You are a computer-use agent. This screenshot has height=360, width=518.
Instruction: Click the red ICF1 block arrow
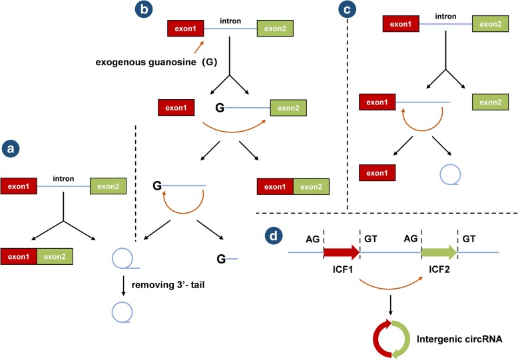[x=341, y=252]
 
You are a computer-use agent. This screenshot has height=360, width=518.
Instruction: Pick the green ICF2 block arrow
[x=439, y=252]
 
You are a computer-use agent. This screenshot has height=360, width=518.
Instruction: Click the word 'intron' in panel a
[x=65, y=178]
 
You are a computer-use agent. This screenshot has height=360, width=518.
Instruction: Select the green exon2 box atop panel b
[x=274, y=29]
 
